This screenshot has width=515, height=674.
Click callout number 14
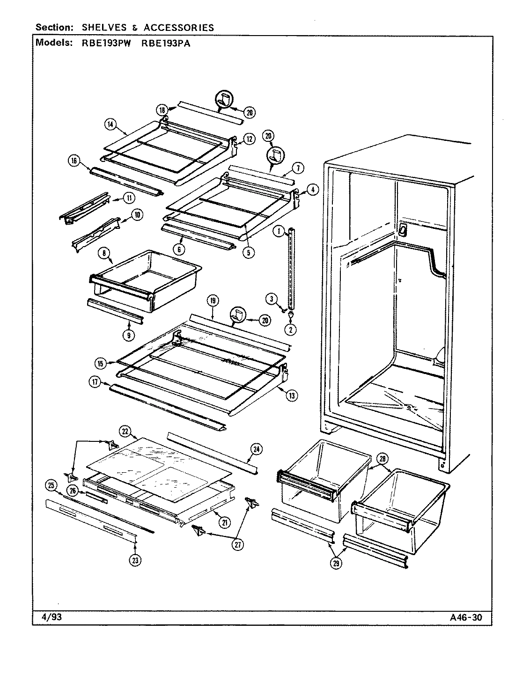click(110, 124)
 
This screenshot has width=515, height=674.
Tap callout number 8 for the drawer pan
click(105, 254)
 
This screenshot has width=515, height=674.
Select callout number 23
click(136, 560)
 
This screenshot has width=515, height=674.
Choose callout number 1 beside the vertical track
click(279, 231)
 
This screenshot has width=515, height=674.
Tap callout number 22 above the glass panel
click(125, 431)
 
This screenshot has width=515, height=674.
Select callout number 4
click(313, 190)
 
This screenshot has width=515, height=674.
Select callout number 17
click(95, 382)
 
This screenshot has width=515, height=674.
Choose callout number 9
click(129, 335)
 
